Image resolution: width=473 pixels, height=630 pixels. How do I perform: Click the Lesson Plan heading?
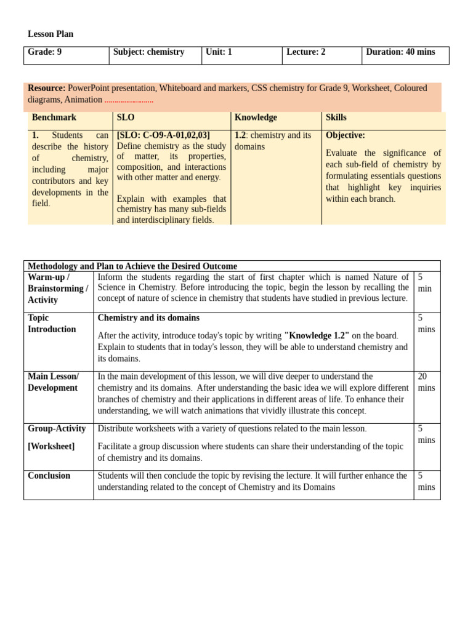[x=51, y=34]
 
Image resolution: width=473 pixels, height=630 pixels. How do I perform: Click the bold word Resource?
[x=46, y=88]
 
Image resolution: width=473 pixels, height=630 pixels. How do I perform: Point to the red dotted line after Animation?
[x=129, y=100]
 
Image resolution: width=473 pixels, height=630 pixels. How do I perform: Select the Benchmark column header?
[x=54, y=118]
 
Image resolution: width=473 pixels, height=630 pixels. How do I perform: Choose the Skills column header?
[x=336, y=118]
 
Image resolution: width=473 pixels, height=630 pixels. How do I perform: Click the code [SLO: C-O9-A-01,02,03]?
[x=163, y=135]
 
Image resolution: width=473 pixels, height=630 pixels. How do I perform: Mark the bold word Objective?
[x=346, y=135]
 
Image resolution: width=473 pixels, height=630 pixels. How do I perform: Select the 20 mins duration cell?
[x=426, y=382]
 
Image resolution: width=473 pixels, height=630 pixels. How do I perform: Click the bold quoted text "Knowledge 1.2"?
[x=317, y=335]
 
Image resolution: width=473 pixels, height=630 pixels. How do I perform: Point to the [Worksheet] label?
[x=51, y=447]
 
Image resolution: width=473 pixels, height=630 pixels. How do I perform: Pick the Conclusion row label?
[x=49, y=476]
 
